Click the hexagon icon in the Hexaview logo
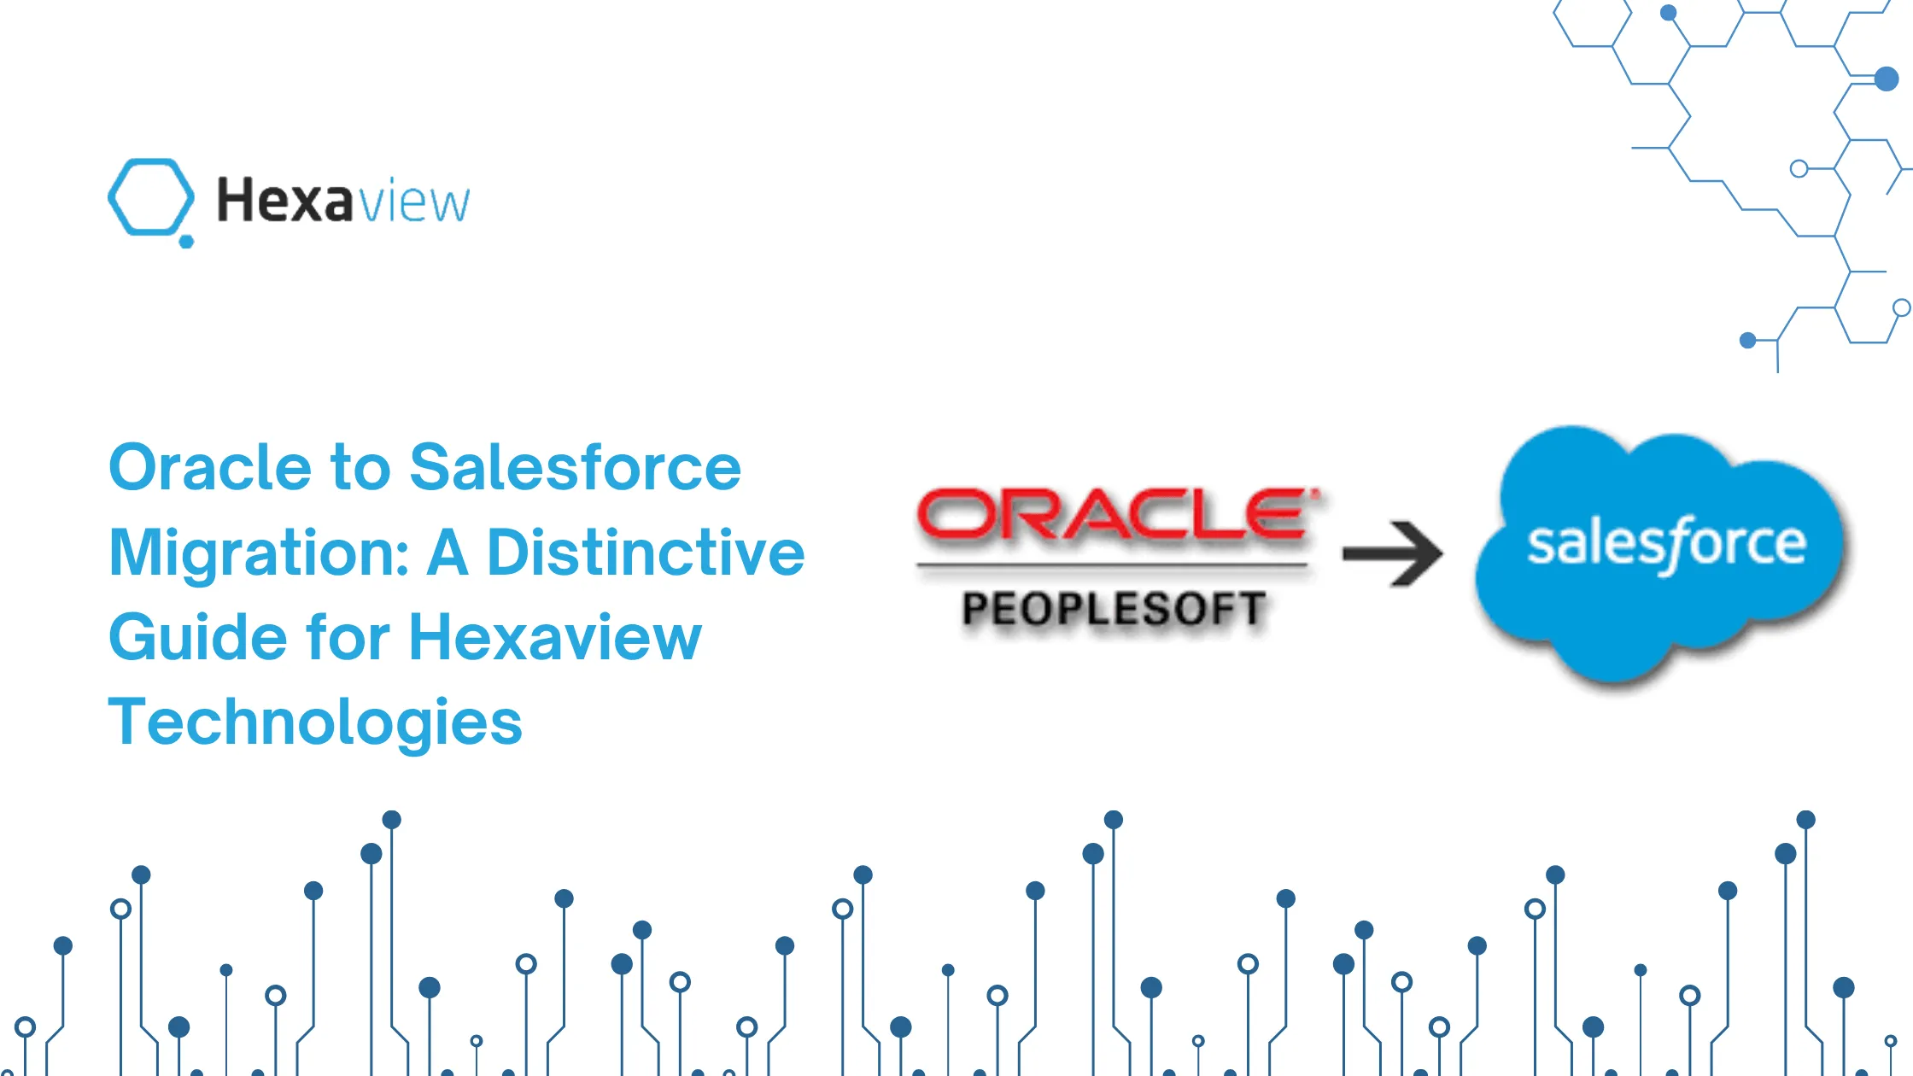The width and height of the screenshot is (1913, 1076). (150, 196)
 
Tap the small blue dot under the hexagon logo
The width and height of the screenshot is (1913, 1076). (186, 242)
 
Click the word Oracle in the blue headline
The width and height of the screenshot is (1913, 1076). (210, 468)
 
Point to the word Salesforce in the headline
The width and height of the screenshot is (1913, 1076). (575, 468)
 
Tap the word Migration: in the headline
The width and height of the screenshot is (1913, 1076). (260, 553)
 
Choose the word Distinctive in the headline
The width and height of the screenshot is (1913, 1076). (646, 553)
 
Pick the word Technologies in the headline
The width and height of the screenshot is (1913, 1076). (315, 722)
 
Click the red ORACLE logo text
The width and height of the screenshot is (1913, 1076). (1112, 515)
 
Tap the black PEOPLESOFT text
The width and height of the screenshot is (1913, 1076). (1114, 609)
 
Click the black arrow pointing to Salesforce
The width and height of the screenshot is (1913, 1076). (1393, 553)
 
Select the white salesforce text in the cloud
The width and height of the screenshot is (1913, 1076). (1666, 544)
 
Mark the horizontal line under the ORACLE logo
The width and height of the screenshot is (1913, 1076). (1112, 564)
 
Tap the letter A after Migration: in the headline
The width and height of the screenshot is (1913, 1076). (448, 553)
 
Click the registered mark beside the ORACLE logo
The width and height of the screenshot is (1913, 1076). (1316, 493)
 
